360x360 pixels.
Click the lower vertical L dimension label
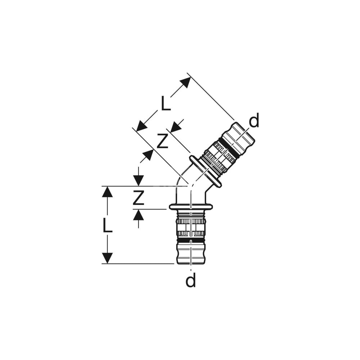pyautogui.click(x=107, y=225)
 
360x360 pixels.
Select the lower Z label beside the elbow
pyautogui.click(x=139, y=197)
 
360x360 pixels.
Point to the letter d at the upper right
pyautogui.click(x=254, y=120)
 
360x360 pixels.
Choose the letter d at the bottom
pyautogui.click(x=190, y=279)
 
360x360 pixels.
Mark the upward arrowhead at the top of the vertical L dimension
pyautogui.click(x=107, y=192)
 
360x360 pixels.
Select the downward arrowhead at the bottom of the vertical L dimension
pyautogui.click(x=107, y=258)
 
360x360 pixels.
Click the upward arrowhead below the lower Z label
pyautogui.click(x=139, y=215)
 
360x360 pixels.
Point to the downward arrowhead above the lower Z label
pyautogui.click(x=139, y=181)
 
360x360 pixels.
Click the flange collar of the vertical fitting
pyautogui.click(x=190, y=207)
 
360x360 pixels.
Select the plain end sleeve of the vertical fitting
pyautogui.click(x=190, y=253)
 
